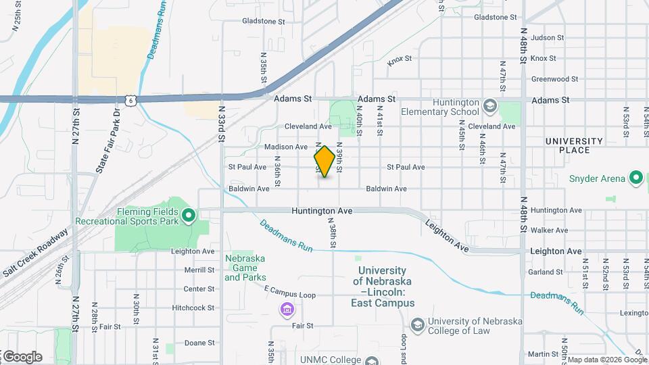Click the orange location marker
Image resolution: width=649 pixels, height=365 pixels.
[324, 162]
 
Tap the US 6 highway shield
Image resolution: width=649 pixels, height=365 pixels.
[130, 101]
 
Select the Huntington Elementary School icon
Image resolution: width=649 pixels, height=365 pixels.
[490, 106]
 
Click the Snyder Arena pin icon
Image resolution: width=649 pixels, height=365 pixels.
[635, 178]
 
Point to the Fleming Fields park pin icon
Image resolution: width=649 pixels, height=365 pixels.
[189, 216]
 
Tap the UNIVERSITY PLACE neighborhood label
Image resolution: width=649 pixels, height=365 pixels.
[574, 145]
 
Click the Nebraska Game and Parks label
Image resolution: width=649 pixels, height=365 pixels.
[245, 268]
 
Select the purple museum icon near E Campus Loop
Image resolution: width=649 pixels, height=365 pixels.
[287, 310]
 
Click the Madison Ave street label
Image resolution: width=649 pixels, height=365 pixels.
[286, 147]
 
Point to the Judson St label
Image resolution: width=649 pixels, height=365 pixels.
[547, 38]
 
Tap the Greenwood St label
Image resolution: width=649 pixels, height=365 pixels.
[554, 79]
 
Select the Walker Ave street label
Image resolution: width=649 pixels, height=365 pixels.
[548, 230]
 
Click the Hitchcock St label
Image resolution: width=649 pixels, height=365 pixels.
[193, 308]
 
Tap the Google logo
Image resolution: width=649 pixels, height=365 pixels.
[22, 356]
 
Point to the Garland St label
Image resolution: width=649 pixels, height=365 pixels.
[546, 272]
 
